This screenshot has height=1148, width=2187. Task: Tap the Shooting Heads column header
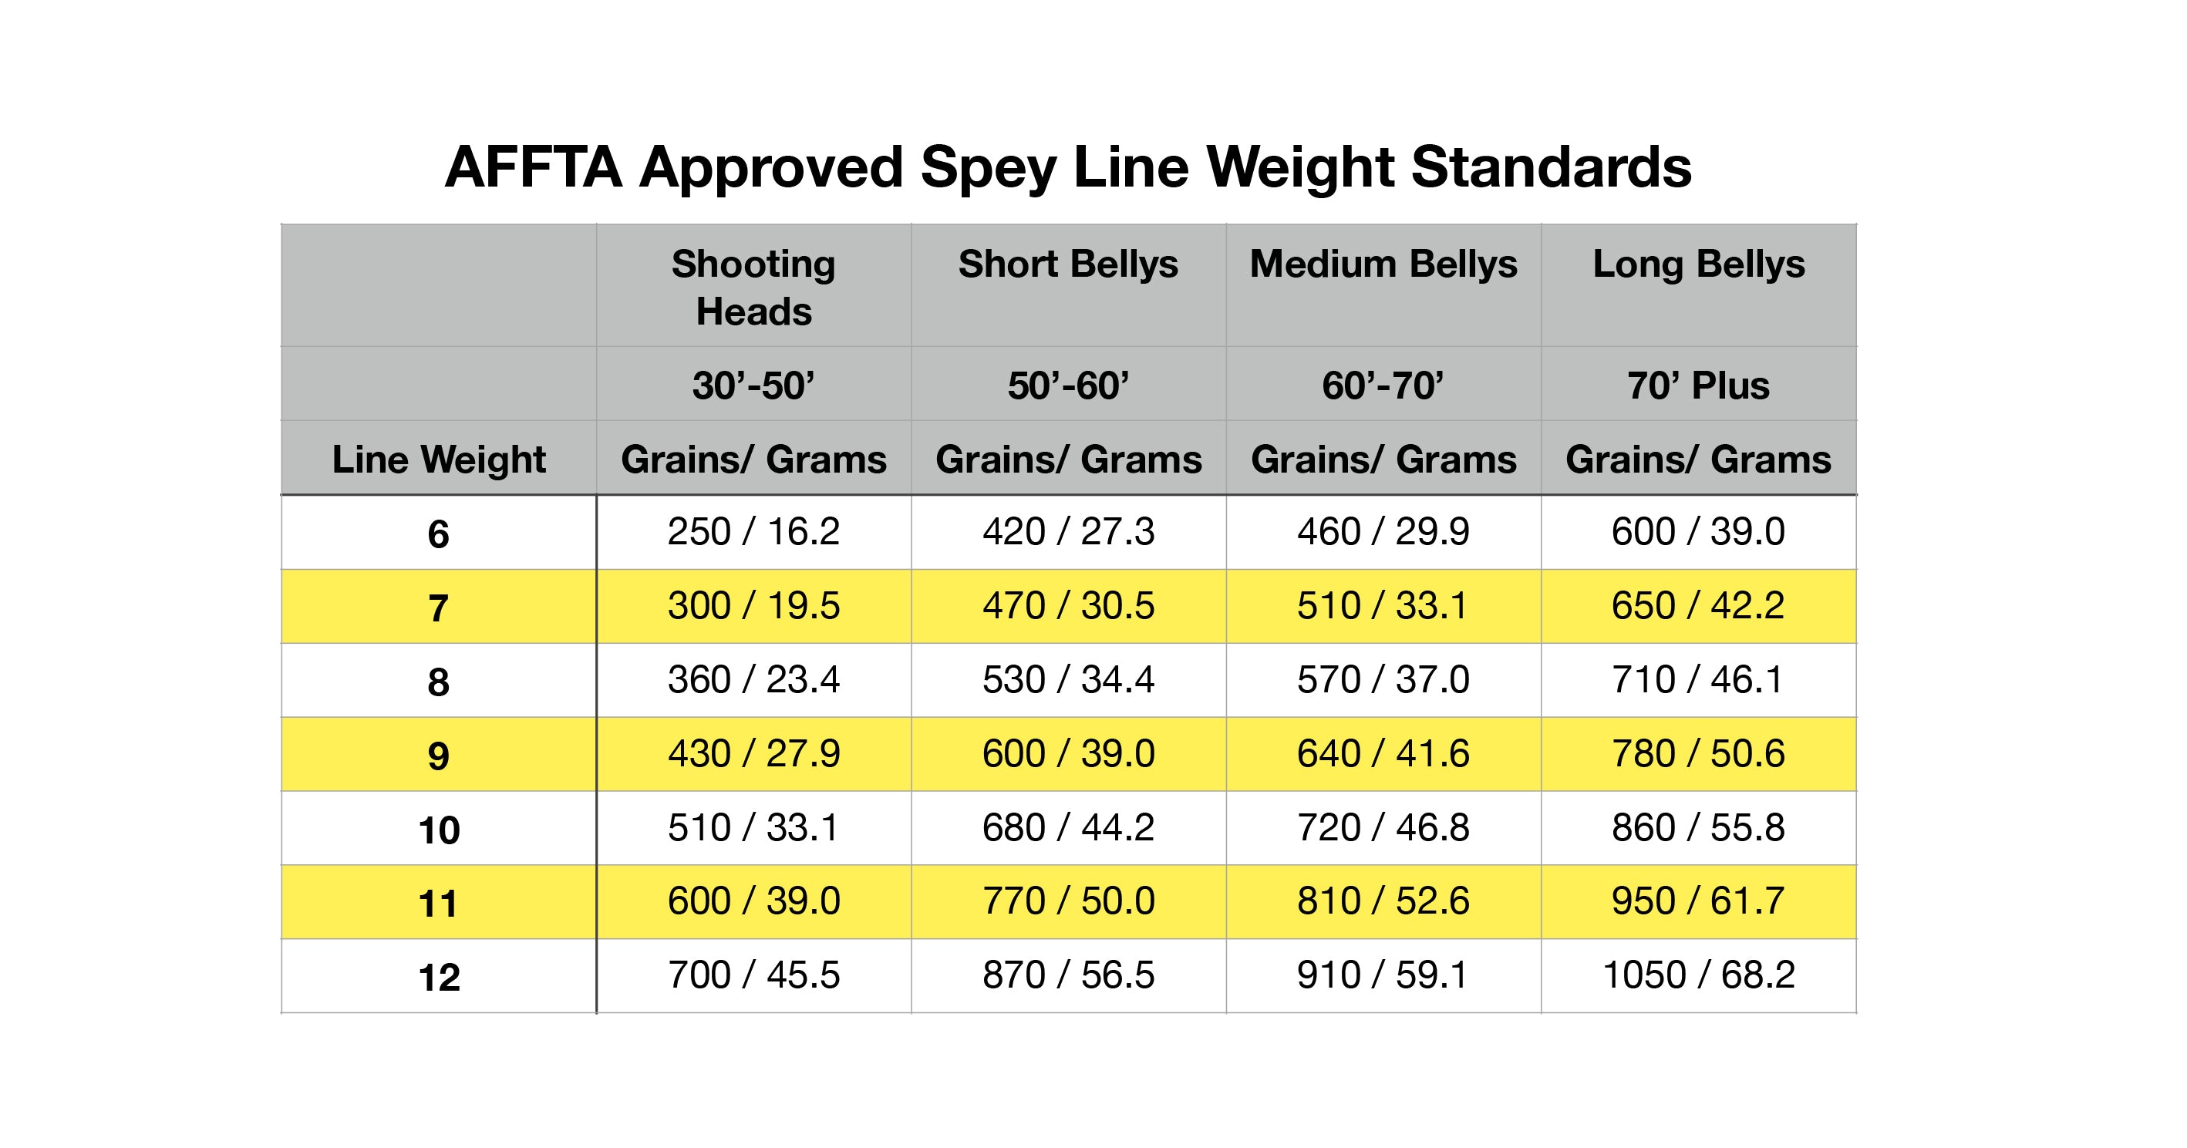pyautogui.click(x=753, y=287)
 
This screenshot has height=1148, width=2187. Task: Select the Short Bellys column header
pyautogui.click(x=1068, y=265)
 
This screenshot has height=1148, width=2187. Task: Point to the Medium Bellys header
pyautogui.click(x=1383, y=265)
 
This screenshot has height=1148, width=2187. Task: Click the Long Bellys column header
pyautogui.click(x=1698, y=265)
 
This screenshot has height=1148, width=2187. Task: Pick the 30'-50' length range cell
pyautogui.click(x=753, y=385)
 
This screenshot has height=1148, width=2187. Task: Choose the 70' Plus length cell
pyautogui.click(x=1698, y=385)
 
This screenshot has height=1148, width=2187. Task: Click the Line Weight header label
pyautogui.click(x=438, y=460)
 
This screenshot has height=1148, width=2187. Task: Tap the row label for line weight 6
pyautogui.click(x=438, y=534)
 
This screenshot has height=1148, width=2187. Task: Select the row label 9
pyautogui.click(x=438, y=756)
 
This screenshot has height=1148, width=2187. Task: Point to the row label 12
pyautogui.click(x=438, y=978)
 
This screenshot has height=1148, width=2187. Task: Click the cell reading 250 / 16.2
pyautogui.click(x=753, y=531)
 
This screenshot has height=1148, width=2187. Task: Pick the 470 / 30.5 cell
pyautogui.click(x=1068, y=605)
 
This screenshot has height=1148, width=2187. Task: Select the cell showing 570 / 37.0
pyautogui.click(x=1383, y=679)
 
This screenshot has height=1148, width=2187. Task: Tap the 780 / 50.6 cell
pyautogui.click(x=1698, y=753)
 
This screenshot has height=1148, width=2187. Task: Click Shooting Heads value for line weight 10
pyautogui.click(x=753, y=827)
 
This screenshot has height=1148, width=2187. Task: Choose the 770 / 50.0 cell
pyautogui.click(x=1068, y=901)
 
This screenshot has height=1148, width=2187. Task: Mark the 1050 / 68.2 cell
pyautogui.click(x=1698, y=975)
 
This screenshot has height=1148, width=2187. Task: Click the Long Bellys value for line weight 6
pyautogui.click(x=1698, y=531)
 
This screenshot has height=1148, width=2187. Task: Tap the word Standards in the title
pyautogui.click(x=1551, y=167)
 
